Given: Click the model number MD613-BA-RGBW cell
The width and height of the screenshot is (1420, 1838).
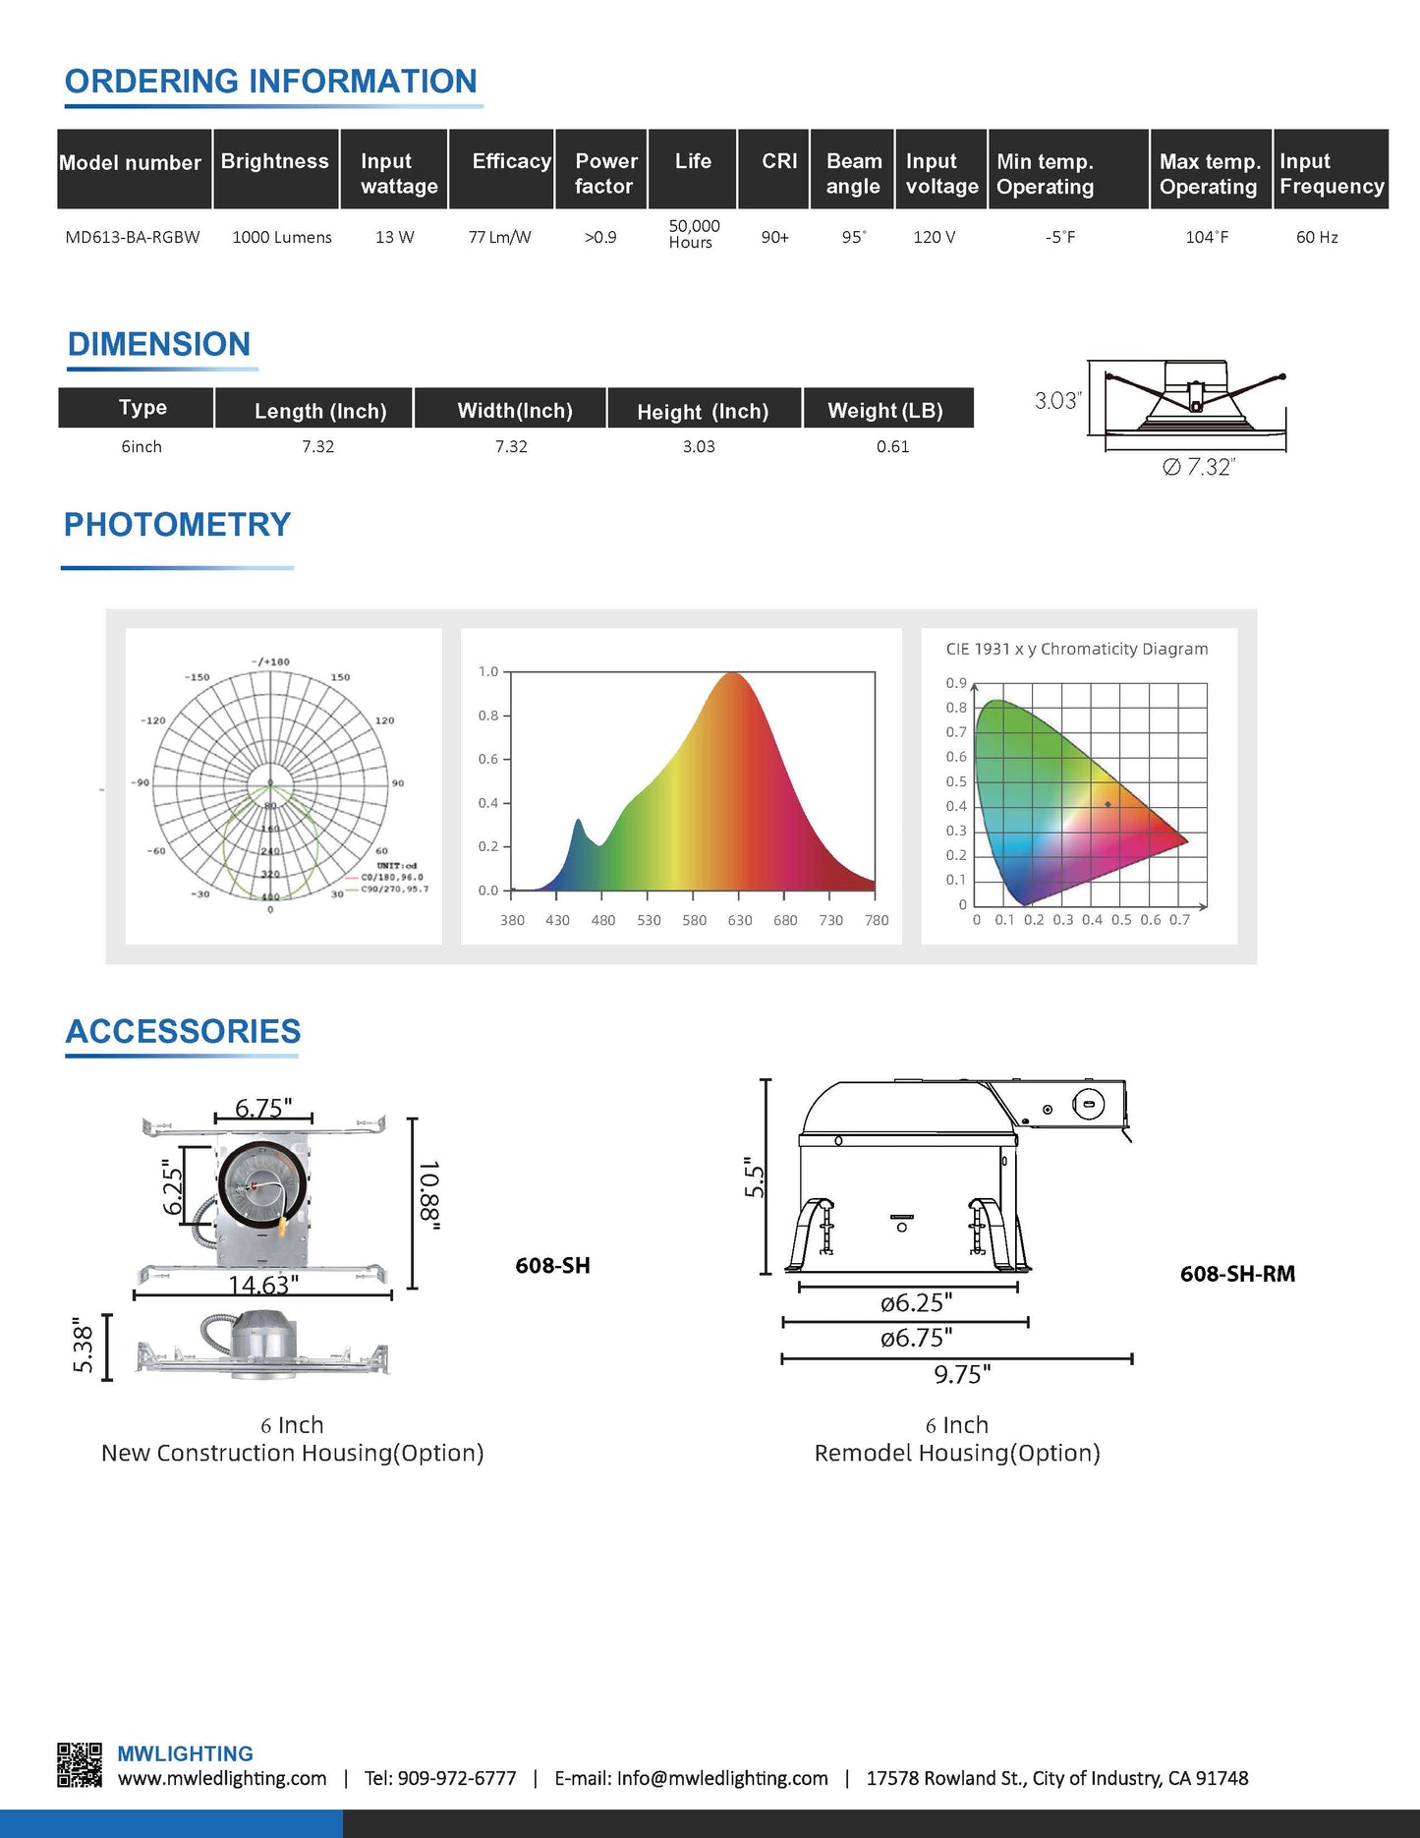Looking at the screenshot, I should (133, 237).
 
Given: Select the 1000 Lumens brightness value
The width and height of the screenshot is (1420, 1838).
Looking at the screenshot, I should (282, 237).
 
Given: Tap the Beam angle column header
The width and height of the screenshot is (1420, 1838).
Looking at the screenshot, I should (853, 173).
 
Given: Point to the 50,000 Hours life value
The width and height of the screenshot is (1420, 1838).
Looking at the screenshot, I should (694, 234).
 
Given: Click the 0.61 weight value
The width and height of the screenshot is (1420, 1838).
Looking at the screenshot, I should (892, 446).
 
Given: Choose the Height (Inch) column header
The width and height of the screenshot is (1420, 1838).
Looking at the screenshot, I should (703, 411).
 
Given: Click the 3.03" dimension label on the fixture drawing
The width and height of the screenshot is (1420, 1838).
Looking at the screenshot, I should (1057, 400).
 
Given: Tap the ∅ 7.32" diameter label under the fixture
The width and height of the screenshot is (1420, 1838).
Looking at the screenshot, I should (1198, 467).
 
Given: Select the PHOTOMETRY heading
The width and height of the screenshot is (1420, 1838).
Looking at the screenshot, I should (177, 525).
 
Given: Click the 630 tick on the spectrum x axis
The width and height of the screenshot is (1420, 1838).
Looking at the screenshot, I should (739, 920).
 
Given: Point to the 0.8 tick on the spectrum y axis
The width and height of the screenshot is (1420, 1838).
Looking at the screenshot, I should (488, 716).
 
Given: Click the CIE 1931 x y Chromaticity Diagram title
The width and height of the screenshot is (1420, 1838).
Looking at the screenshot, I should (1076, 649).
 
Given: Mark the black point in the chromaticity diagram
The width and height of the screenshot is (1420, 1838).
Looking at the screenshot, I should (1108, 804).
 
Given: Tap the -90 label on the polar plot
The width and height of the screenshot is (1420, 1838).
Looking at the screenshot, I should (141, 782).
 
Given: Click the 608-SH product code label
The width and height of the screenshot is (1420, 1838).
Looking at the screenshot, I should (552, 1266).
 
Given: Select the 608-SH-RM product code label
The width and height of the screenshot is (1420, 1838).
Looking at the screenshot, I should (1237, 1274).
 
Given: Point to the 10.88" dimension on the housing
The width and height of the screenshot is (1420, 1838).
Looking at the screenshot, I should (429, 1194).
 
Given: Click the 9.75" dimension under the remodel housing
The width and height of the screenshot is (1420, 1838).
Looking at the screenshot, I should (962, 1374).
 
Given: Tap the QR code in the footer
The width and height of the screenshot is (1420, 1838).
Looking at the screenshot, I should (80, 1765).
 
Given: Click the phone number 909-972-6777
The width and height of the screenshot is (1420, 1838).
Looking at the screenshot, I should (456, 1778).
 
